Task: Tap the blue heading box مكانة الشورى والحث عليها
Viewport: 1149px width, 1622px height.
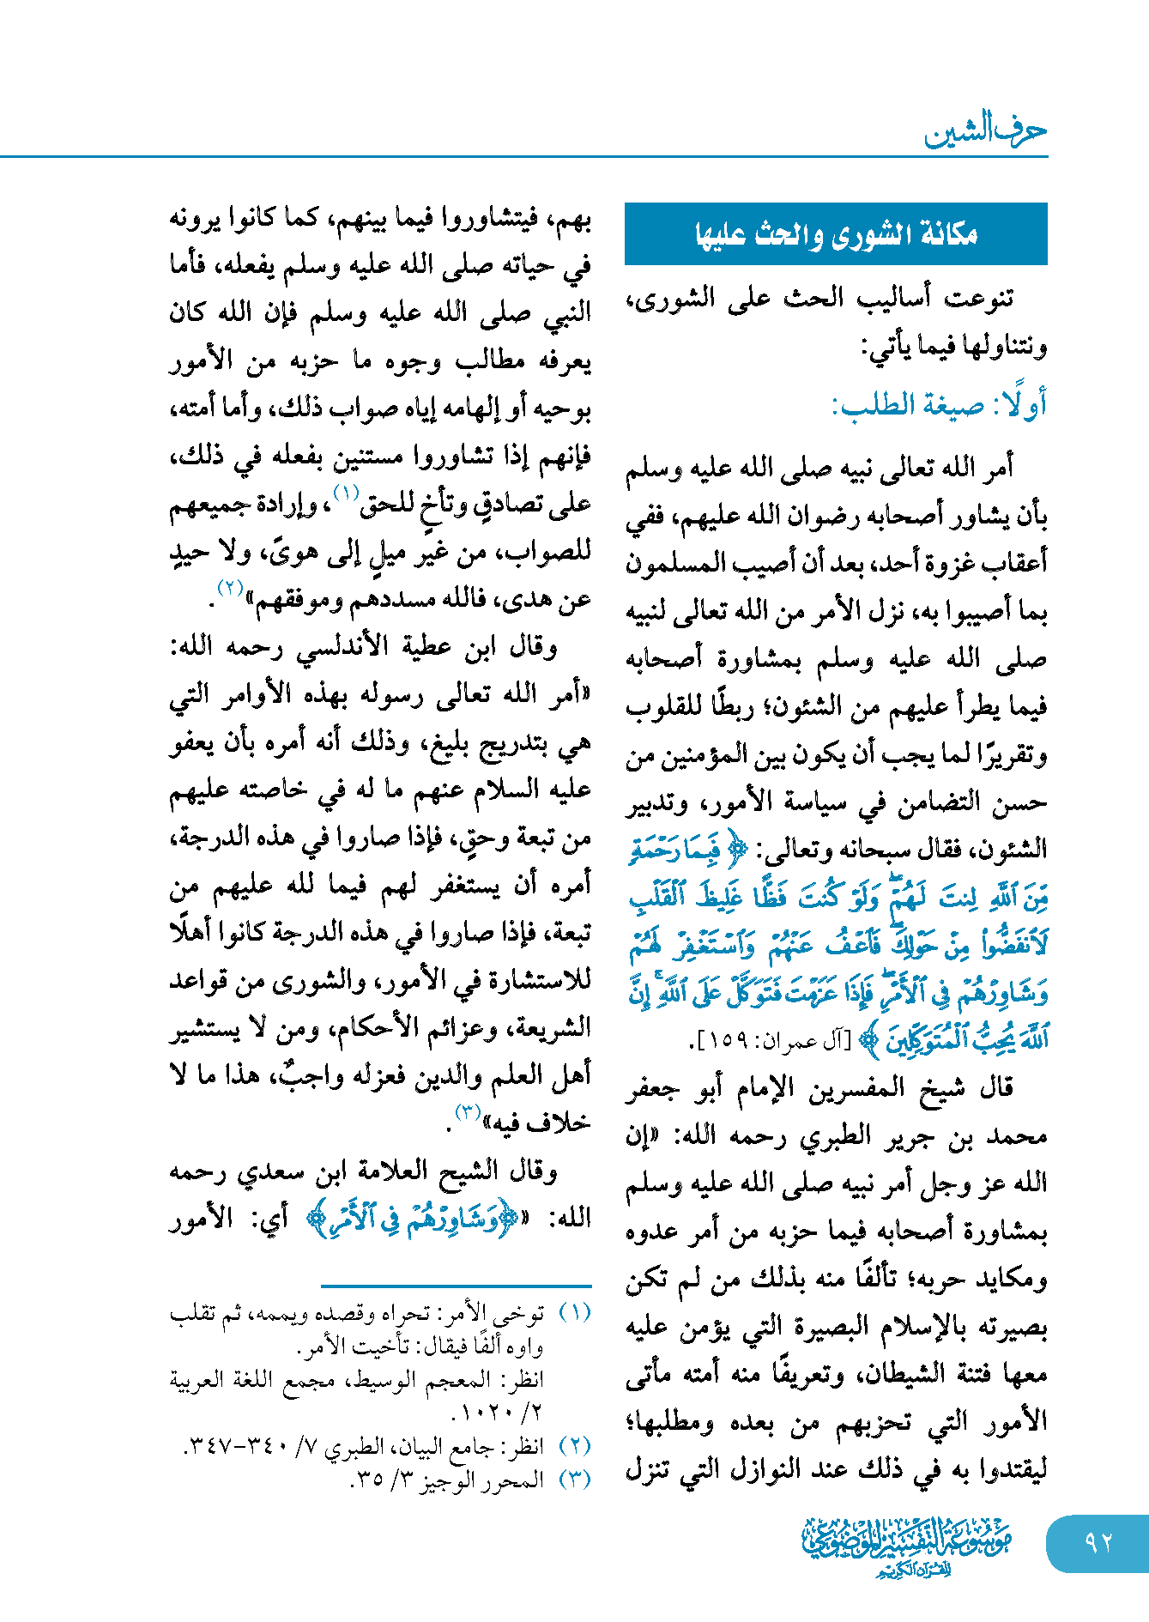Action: pos(836,233)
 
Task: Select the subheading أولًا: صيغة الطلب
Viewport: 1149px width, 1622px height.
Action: pos(939,405)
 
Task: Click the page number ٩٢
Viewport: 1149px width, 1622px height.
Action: pos(1098,1542)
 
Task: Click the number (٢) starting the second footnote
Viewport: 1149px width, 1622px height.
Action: pos(575,1446)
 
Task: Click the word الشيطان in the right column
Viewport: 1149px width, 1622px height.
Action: pos(733,1375)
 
